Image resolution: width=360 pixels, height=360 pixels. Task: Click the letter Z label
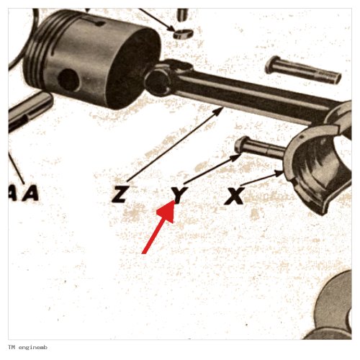119,194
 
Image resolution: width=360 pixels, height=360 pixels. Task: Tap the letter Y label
179,194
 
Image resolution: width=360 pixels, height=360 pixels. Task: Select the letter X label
235,196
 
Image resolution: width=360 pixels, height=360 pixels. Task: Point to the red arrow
160,227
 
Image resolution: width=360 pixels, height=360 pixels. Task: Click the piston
92,58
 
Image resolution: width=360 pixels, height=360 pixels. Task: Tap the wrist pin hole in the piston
68,80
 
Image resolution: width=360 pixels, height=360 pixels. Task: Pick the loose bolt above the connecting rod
303,69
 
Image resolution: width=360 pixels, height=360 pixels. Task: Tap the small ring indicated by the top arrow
183,34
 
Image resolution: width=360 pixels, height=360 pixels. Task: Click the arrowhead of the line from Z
219,111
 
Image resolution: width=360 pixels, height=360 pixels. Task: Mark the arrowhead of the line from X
279,173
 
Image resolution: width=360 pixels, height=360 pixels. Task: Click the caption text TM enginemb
27,347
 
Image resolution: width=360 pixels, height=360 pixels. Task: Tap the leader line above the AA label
17,168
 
